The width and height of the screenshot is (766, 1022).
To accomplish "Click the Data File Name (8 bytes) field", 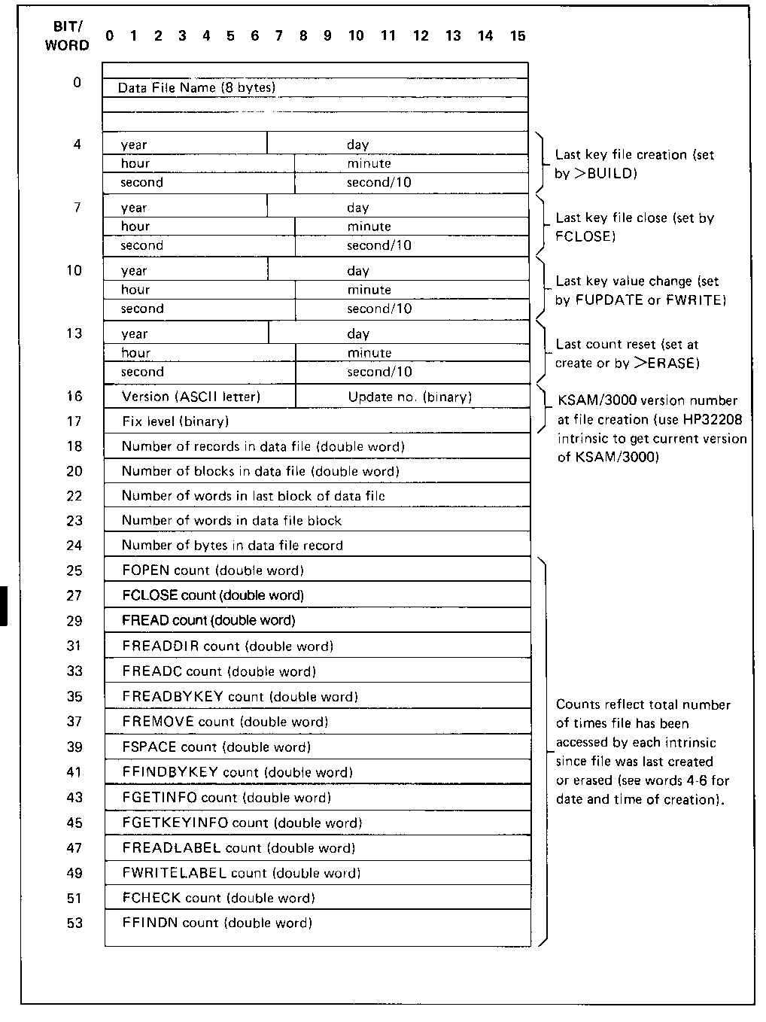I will pyautogui.click(x=197, y=87).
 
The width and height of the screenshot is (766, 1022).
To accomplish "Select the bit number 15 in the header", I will pyautogui.click(x=518, y=35).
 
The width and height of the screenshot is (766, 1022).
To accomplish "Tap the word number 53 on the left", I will pyautogui.click(x=74, y=923).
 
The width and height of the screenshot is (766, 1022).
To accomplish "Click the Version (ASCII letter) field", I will pyautogui.click(x=191, y=397).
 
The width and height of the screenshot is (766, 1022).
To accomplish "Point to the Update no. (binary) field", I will pyautogui.click(x=410, y=397).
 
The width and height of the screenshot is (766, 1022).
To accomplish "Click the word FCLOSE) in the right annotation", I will pyautogui.click(x=586, y=236).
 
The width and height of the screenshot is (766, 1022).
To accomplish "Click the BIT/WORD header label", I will pyautogui.click(x=67, y=35).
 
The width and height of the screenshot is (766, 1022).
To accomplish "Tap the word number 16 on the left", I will pyautogui.click(x=74, y=397).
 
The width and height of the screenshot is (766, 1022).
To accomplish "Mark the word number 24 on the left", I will pyautogui.click(x=74, y=545).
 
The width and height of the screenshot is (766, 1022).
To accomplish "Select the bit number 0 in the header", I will pyautogui.click(x=110, y=35).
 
